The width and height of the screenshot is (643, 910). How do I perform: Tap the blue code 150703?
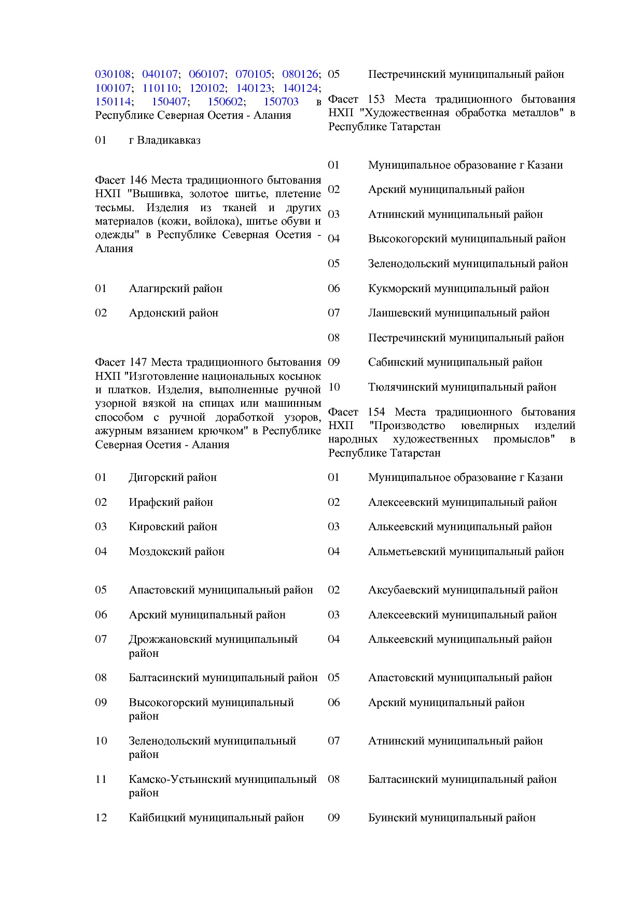coord(281,102)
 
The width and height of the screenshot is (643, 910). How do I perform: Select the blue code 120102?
coord(207,88)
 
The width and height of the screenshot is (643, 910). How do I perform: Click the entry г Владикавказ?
coord(164,140)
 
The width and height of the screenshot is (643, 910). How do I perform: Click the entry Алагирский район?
coord(175,288)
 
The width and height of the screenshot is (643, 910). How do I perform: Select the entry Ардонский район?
coord(173,313)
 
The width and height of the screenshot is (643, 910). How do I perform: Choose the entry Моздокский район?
coord(176,551)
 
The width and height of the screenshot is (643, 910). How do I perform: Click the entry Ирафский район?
coord(171,502)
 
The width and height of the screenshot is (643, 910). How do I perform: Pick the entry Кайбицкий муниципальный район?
coord(216,818)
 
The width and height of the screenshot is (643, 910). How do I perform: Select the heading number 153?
coord(376,99)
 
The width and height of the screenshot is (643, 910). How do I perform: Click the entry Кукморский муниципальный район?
coord(458,288)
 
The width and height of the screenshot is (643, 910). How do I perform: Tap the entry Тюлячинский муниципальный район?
coord(462,387)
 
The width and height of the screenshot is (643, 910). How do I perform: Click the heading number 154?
coord(376,412)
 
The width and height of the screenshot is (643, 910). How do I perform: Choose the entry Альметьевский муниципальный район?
coord(466,551)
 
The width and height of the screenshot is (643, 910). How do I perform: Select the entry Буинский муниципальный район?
coord(452,818)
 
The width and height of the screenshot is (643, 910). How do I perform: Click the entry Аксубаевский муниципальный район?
coord(463,590)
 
